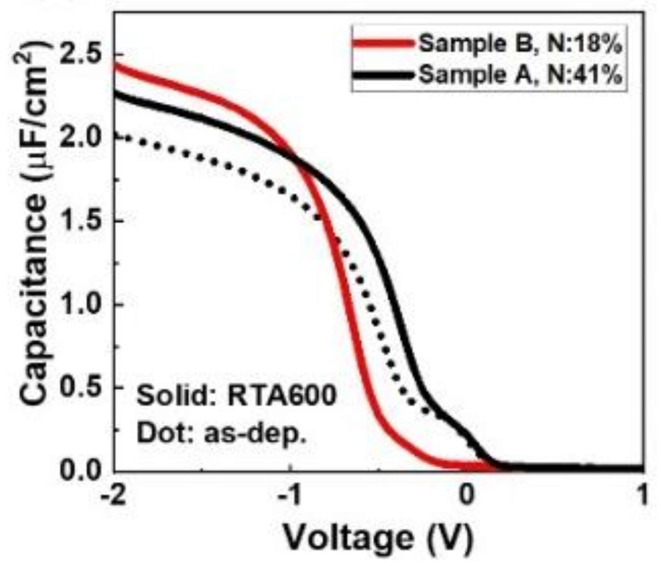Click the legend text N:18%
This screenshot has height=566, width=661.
point(584,45)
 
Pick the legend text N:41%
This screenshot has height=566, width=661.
point(584,75)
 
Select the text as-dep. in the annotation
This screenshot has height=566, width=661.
point(254,434)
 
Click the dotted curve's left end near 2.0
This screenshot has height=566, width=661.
point(119,136)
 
